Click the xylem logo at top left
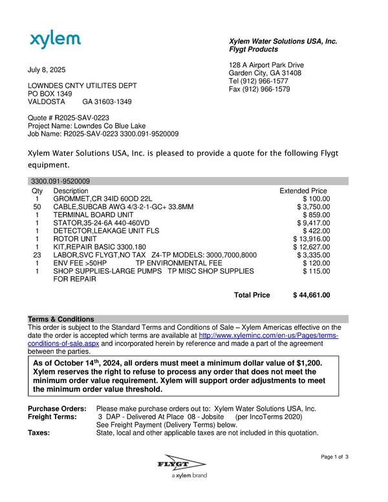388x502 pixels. point(55,40)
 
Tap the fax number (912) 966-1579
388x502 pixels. point(266,89)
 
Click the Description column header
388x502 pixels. point(71,191)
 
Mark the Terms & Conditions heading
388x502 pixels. point(61,320)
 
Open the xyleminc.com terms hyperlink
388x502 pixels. point(268,336)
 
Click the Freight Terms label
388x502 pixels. point(53,417)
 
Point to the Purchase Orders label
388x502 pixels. point(57,409)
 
